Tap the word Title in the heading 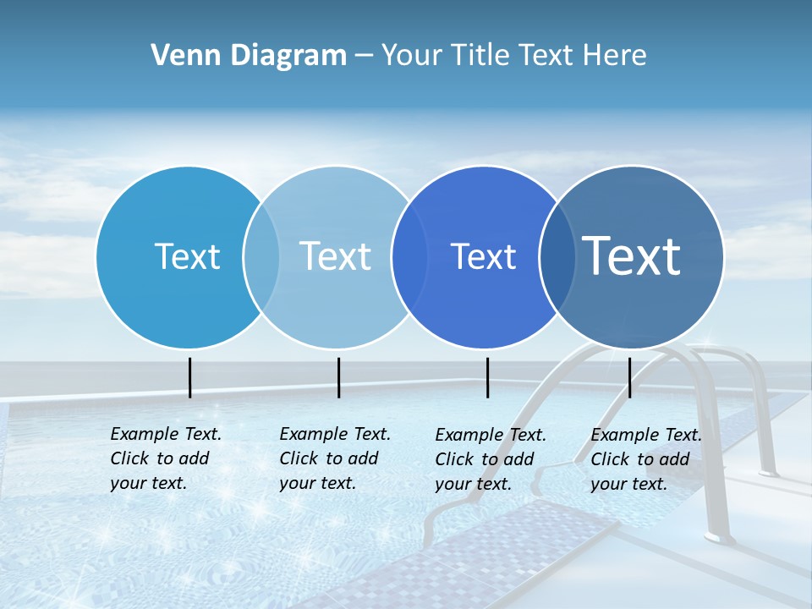(x=481, y=56)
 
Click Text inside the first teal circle (x=187, y=256)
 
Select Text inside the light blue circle (x=336, y=256)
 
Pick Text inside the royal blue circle (x=483, y=256)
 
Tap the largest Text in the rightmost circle (x=632, y=256)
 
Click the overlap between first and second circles (x=261, y=256)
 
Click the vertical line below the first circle (x=190, y=377)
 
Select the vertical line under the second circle (x=338, y=377)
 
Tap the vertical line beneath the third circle (x=487, y=377)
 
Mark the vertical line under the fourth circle (x=630, y=377)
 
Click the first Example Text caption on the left (x=166, y=458)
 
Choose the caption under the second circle (x=335, y=458)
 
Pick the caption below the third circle (x=491, y=459)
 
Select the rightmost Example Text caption (x=646, y=459)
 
